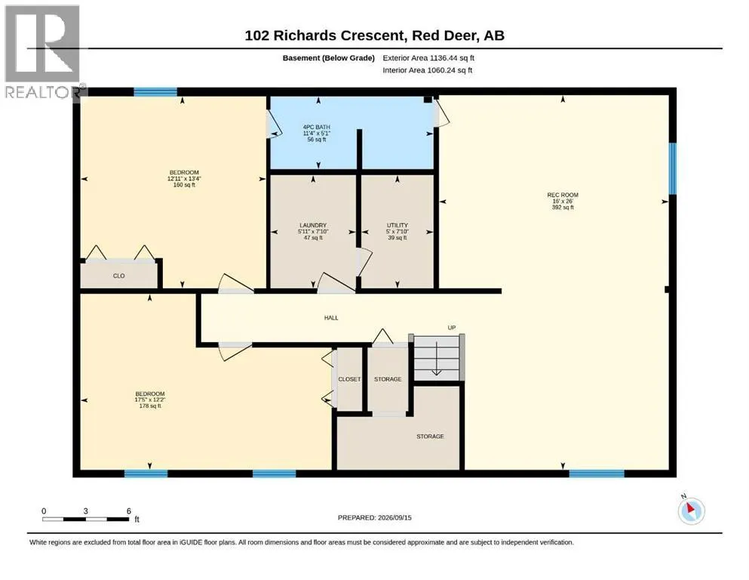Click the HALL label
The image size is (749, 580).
coord(331,317)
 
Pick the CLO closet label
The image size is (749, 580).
coord(119,276)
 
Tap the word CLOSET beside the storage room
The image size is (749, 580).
coord(349,379)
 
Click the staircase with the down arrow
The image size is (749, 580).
coord(437,356)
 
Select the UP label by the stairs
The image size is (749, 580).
coord(451,328)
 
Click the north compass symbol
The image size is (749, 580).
coord(691,511)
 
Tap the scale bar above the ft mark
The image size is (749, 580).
coord(85,519)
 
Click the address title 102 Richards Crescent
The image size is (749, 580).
coord(325,35)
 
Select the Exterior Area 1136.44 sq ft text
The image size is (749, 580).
coord(428,58)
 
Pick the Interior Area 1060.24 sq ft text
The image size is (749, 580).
coord(428,70)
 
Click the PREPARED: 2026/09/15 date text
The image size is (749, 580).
coord(374,517)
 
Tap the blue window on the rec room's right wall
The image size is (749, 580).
coord(673,168)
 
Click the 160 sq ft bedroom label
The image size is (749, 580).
coord(184,178)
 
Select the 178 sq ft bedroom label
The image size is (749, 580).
coord(150,400)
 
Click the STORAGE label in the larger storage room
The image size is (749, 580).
coord(430,437)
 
